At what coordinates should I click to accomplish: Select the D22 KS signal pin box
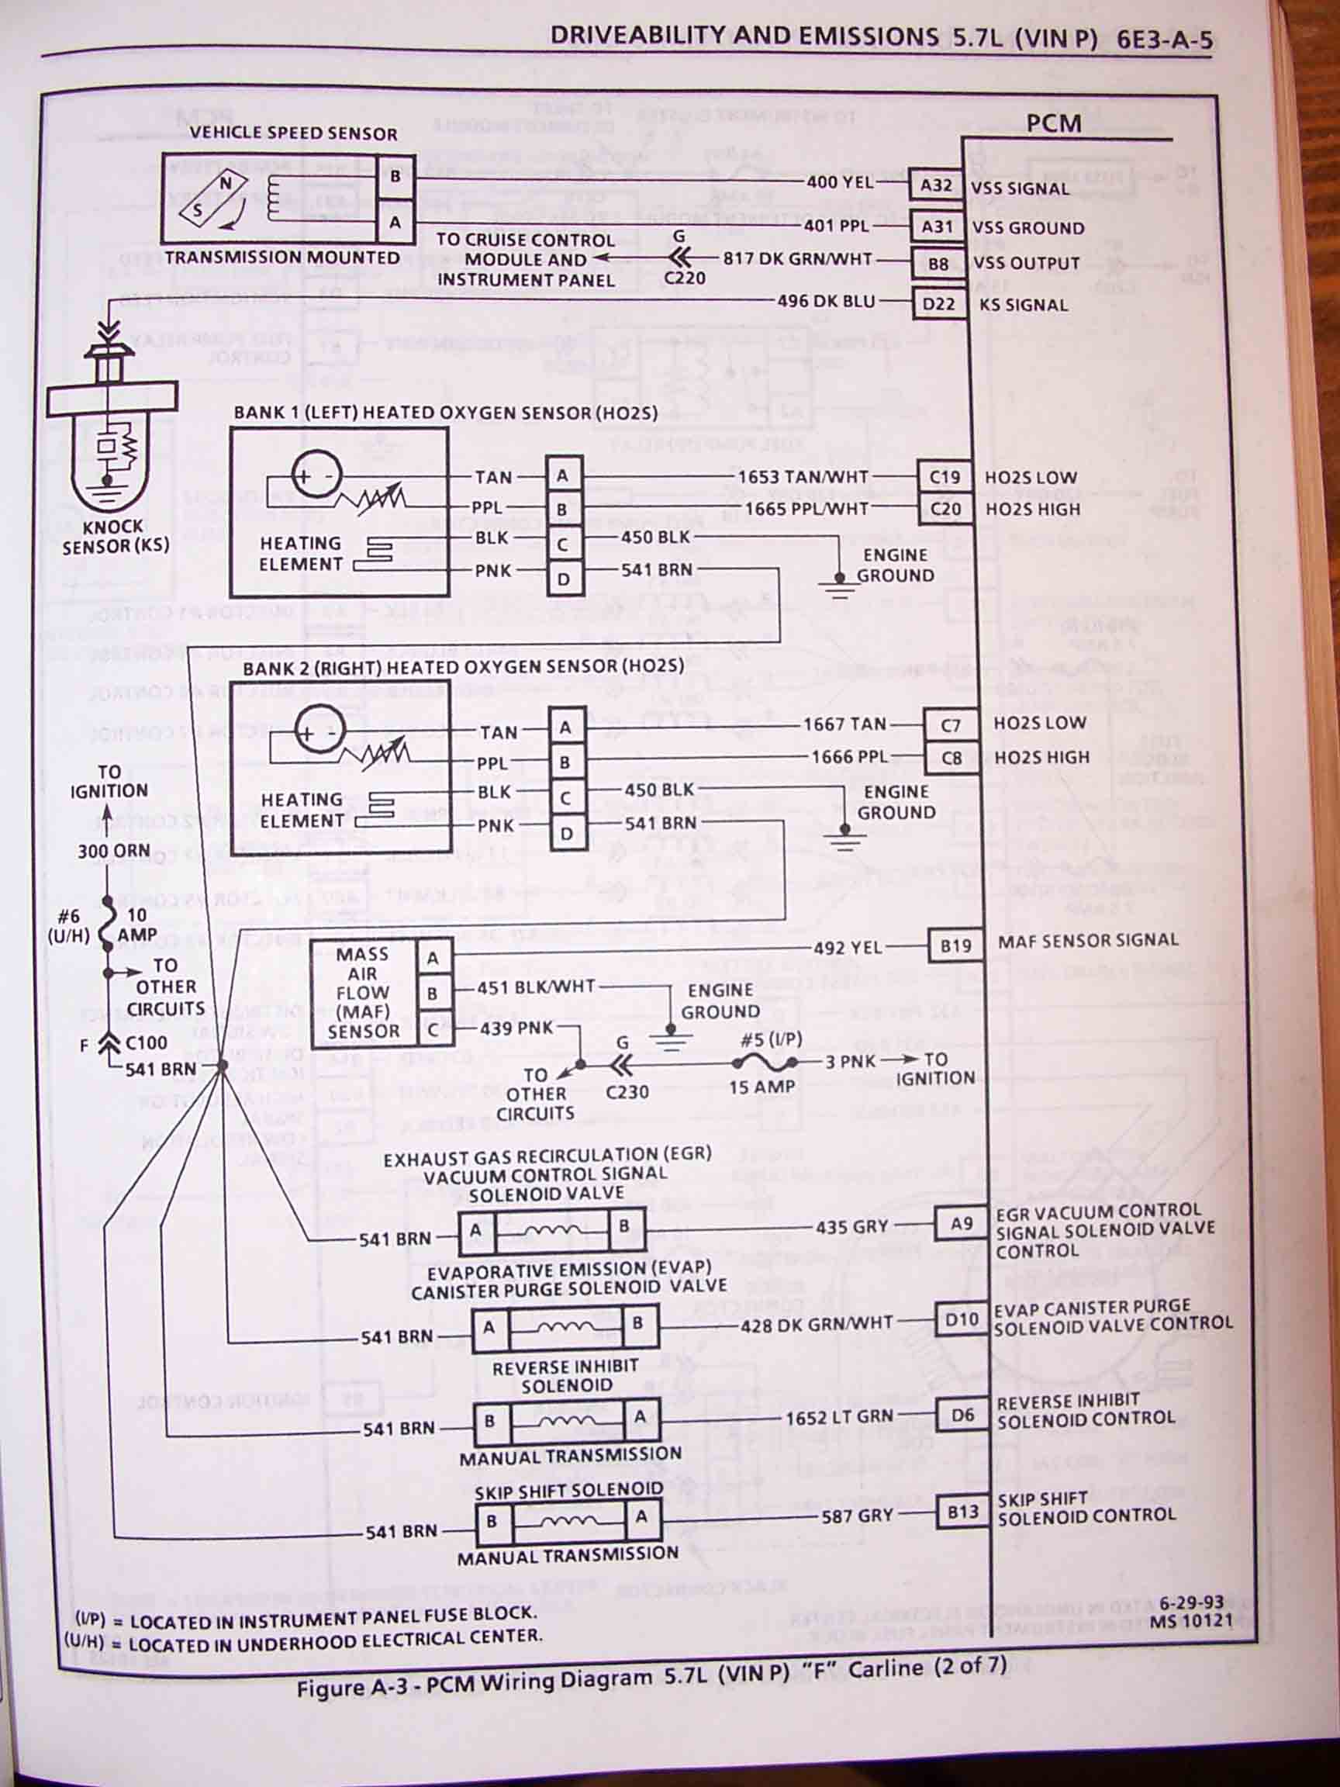(x=938, y=304)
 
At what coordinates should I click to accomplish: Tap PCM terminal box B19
(x=955, y=945)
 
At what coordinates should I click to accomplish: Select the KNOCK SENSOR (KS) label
(x=116, y=537)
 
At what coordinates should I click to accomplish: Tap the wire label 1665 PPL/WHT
(x=806, y=509)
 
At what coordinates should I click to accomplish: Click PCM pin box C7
(x=950, y=725)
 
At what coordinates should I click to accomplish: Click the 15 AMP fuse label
(x=762, y=1087)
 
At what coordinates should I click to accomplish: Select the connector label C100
(x=147, y=1042)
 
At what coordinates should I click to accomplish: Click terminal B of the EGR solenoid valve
(x=624, y=1226)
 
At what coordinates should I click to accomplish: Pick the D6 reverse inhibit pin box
(x=962, y=1415)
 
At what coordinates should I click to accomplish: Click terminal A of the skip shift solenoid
(x=641, y=1516)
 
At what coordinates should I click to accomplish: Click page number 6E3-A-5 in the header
(x=1166, y=39)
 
